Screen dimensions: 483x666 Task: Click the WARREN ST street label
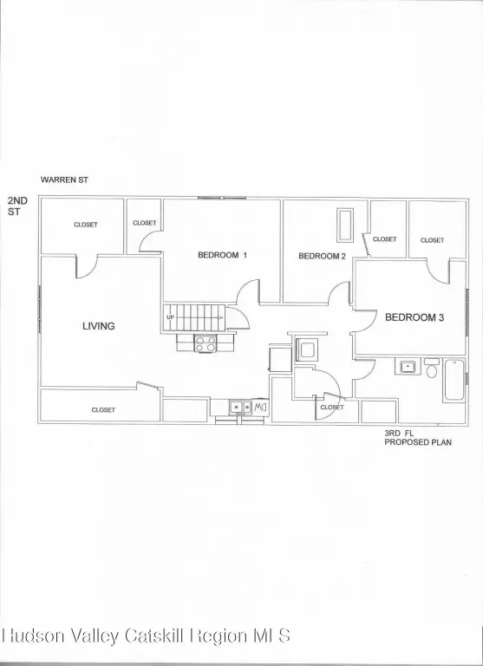pos(64,180)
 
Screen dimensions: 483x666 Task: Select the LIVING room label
pos(99,326)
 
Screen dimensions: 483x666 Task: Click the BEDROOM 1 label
pos(222,255)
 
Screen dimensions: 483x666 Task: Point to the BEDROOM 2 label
pos(322,256)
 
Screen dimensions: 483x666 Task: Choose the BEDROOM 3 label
pos(414,317)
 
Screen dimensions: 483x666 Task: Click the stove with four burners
pos(206,343)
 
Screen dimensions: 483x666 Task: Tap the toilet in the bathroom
pos(432,369)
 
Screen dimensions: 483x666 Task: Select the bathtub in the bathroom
pos(454,380)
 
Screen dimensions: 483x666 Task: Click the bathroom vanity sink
pos(408,366)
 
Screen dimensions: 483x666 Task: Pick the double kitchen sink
pos(240,407)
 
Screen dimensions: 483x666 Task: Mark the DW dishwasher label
pos(260,408)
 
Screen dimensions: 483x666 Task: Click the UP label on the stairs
pos(170,317)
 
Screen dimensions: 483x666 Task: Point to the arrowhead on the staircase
pos(220,317)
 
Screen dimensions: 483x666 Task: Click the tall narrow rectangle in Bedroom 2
pos(345,225)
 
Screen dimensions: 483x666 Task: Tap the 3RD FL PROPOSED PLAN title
pos(418,438)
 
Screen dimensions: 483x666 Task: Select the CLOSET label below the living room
pos(103,410)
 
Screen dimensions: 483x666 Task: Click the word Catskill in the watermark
pos(156,636)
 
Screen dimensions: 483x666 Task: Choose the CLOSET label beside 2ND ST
pos(86,225)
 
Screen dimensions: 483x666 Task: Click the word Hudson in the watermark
pos(35,636)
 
